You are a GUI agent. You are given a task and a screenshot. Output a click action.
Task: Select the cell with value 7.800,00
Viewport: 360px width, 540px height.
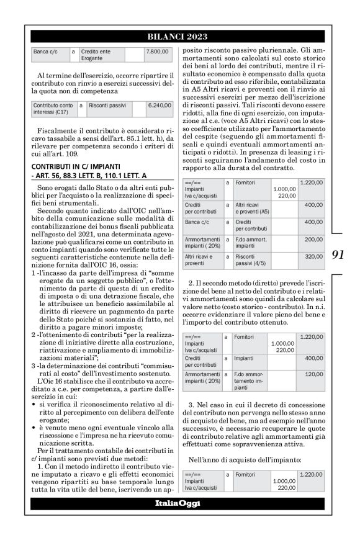(158, 53)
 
